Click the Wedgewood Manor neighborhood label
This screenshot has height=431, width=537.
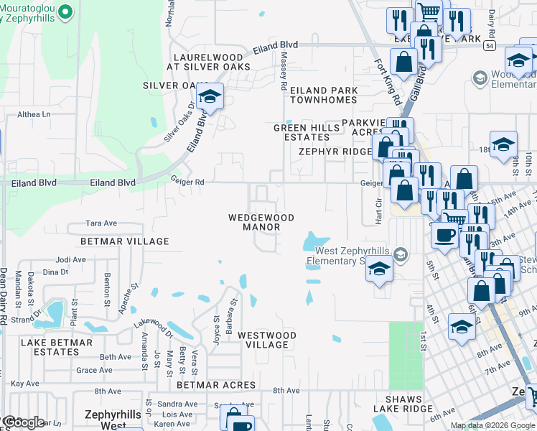pos(261,222)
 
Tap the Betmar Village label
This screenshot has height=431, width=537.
pos(125,241)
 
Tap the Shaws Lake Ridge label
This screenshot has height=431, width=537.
pos(408,404)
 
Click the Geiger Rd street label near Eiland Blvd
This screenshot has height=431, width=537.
pos(187,182)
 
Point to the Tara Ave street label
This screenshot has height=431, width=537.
pos(101,223)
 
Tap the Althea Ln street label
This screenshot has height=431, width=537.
pos(34,114)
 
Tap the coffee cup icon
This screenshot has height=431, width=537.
pos(445,235)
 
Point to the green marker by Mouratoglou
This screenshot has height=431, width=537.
pos(65,11)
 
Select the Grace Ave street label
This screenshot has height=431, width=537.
pos(95,371)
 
